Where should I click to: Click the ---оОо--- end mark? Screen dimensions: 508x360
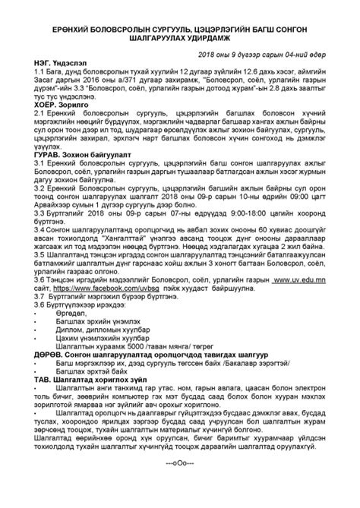pyautogui.click(x=180, y=483)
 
